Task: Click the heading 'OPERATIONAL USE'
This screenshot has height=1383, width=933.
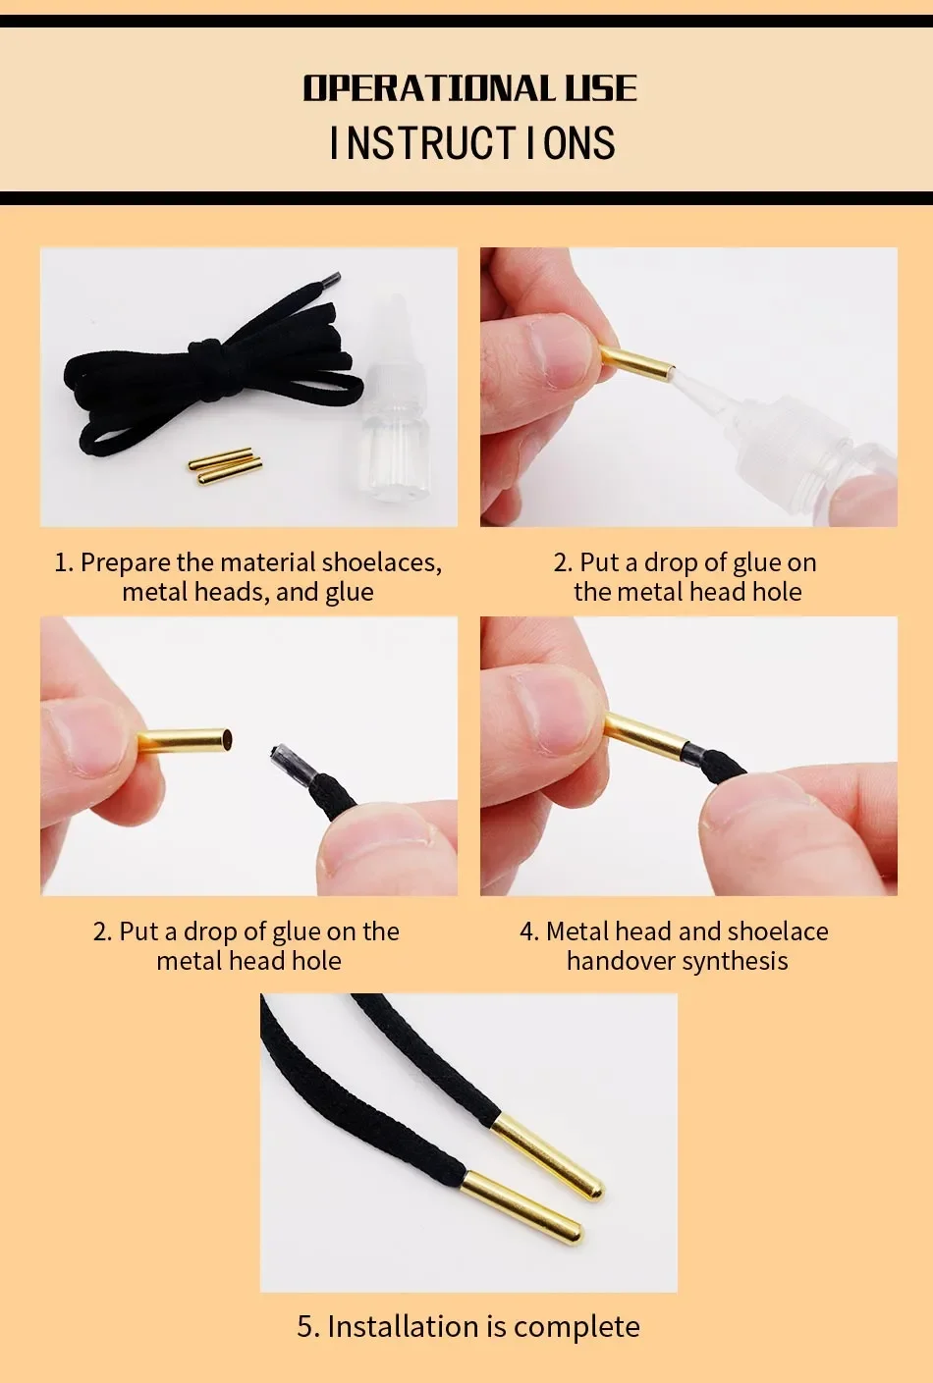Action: [469, 87]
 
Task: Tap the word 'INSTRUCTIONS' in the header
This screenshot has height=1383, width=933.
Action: [473, 142]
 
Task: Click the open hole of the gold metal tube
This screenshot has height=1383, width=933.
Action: [228, 738]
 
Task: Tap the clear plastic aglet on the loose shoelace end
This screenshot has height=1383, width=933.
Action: [291, 765]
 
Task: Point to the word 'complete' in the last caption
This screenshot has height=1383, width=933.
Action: [576, 1327]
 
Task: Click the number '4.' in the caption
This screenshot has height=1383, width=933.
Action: [529, 931]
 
